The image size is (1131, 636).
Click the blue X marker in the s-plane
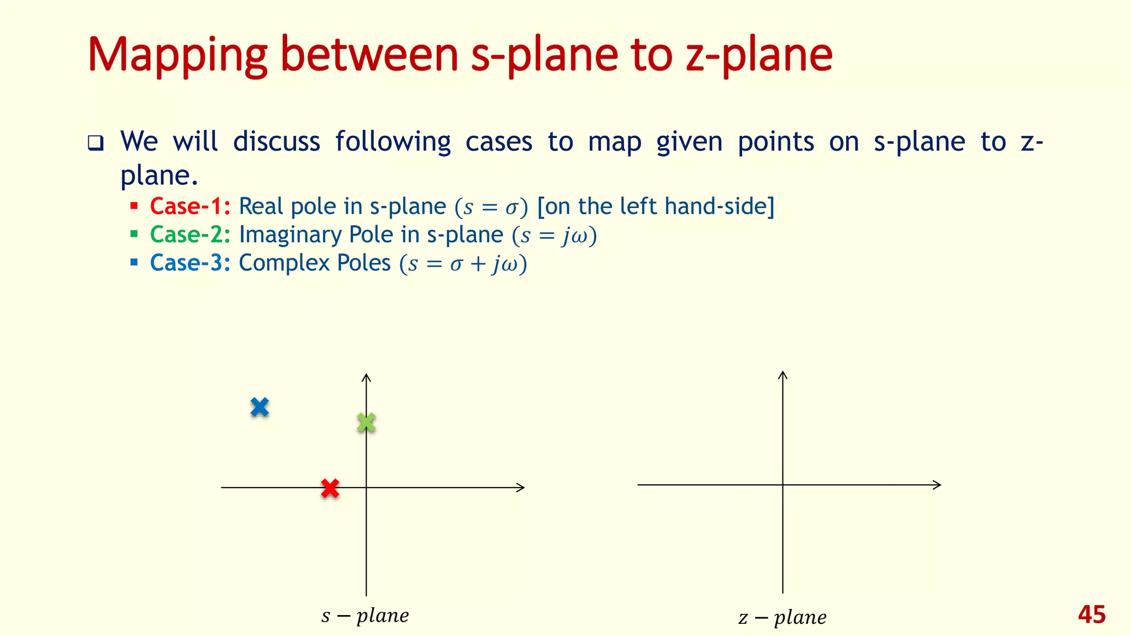click(x=260, y=407)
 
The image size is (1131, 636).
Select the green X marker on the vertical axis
click(x=366, y=423)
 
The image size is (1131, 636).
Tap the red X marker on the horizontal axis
click(x=330, y=488)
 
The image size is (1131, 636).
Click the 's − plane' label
click(x=365, y=616)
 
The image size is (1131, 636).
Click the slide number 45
click(x=1091, y=615)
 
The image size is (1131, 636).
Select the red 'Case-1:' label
click(x=190, y=206)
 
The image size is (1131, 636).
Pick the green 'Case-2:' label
click(x=190, y=235)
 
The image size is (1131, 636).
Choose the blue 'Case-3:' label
click(x=190, y=263)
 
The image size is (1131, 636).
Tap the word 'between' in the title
click(x=369, y=55)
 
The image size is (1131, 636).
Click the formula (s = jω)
click(x=554, y=236)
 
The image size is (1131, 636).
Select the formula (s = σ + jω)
click(x=463, y=264)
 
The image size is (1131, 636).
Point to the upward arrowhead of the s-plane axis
click(x=366, y=377)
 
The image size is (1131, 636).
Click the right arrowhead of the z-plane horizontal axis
click(x=937, y=485)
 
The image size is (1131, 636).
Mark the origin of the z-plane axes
click(x=783, y=485)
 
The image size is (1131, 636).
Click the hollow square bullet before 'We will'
click(x=96, y=144)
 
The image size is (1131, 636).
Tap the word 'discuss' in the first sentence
click(x=276, y=141)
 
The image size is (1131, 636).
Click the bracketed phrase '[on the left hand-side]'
click(x=656, y=206)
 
